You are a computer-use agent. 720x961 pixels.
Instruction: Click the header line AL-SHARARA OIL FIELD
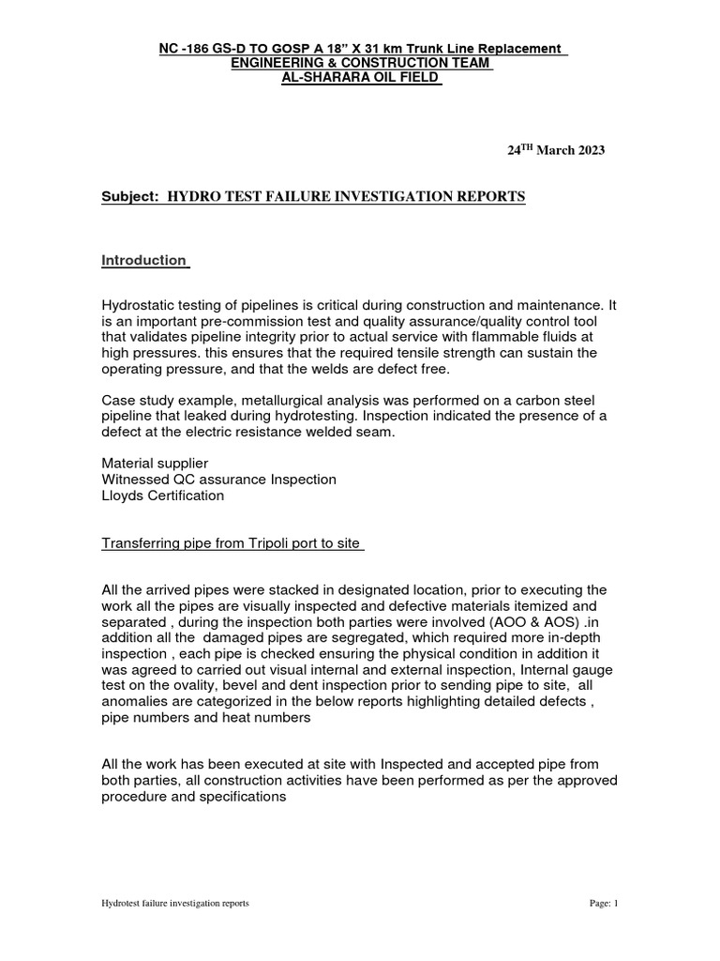361,77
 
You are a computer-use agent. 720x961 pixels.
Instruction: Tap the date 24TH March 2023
556,150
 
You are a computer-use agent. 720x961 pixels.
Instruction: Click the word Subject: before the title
130,196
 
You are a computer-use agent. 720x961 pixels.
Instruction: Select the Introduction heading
144,260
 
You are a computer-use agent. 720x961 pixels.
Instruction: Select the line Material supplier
155,464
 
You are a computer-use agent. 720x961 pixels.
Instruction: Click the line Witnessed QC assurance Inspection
218,480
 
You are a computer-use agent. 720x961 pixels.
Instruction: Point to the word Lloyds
122,496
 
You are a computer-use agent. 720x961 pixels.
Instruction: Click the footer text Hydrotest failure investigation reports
175,903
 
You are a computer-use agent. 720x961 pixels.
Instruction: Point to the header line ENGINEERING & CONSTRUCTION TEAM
361,62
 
